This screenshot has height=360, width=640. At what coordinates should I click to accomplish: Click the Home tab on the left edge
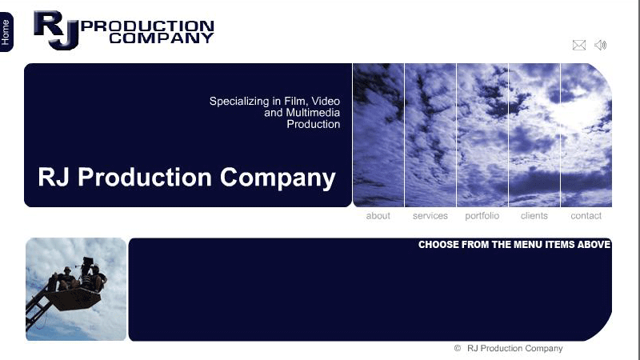(6, 32)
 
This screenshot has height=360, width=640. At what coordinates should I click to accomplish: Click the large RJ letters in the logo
(56, 30)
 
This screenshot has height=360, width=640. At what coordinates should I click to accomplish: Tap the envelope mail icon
(578, 45)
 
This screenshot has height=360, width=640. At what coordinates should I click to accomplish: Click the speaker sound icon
(601, 45)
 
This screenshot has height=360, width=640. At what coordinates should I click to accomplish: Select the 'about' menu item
(378, 215)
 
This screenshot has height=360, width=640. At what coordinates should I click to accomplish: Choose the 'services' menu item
(430, 215)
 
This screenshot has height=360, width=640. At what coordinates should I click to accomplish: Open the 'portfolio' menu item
(482, 215)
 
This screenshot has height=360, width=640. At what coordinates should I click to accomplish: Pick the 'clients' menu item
(534, 215)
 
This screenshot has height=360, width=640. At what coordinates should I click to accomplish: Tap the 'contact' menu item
(586, 215)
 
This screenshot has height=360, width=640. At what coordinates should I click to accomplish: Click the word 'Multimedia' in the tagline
(313, 113)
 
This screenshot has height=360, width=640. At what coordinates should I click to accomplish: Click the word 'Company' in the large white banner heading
(278, 178)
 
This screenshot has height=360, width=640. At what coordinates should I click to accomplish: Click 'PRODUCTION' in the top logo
(147, 26)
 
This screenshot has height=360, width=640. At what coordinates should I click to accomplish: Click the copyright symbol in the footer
(458, 348)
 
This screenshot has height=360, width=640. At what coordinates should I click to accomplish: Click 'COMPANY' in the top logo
(162, 38)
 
